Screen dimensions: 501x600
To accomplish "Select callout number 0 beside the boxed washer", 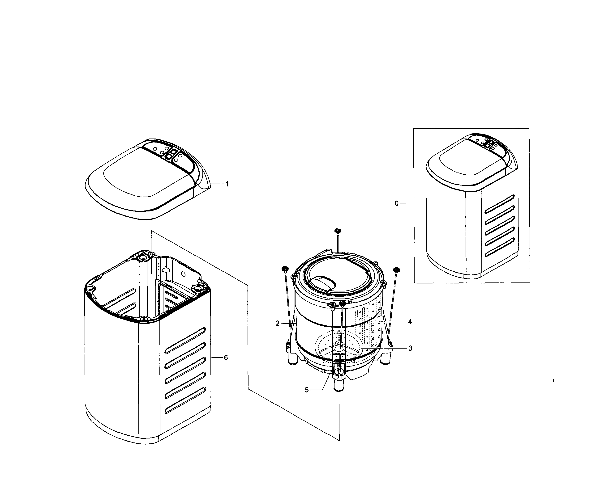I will point(396,204).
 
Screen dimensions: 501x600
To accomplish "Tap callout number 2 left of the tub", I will point(277,324).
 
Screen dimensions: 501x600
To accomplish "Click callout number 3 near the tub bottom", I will point(410,348).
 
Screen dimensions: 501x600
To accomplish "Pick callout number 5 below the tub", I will point(307,390).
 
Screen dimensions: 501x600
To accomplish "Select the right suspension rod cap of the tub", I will point(396,270).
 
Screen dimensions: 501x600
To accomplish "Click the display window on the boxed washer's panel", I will point(489,144).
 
